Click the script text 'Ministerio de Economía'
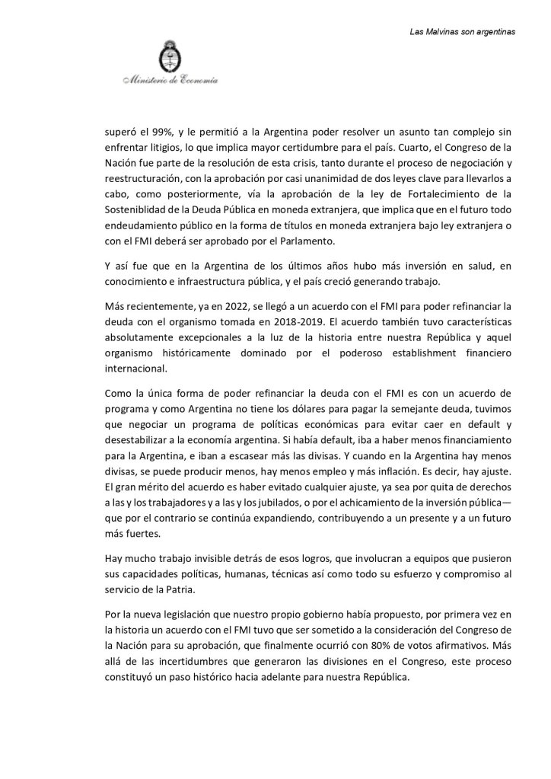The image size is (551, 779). click(168, 79)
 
